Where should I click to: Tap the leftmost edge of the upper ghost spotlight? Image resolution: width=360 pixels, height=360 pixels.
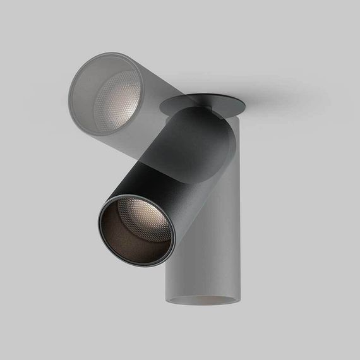coord(69,95)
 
